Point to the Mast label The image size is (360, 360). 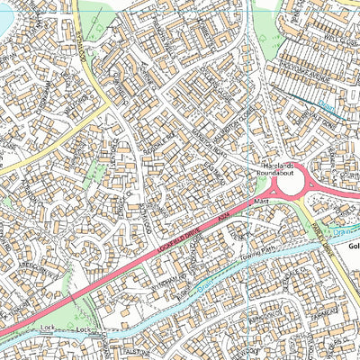pyautogui.click(x=261, y=203)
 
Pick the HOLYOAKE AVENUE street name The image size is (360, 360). pyautogui.click(x=311, y=70)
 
